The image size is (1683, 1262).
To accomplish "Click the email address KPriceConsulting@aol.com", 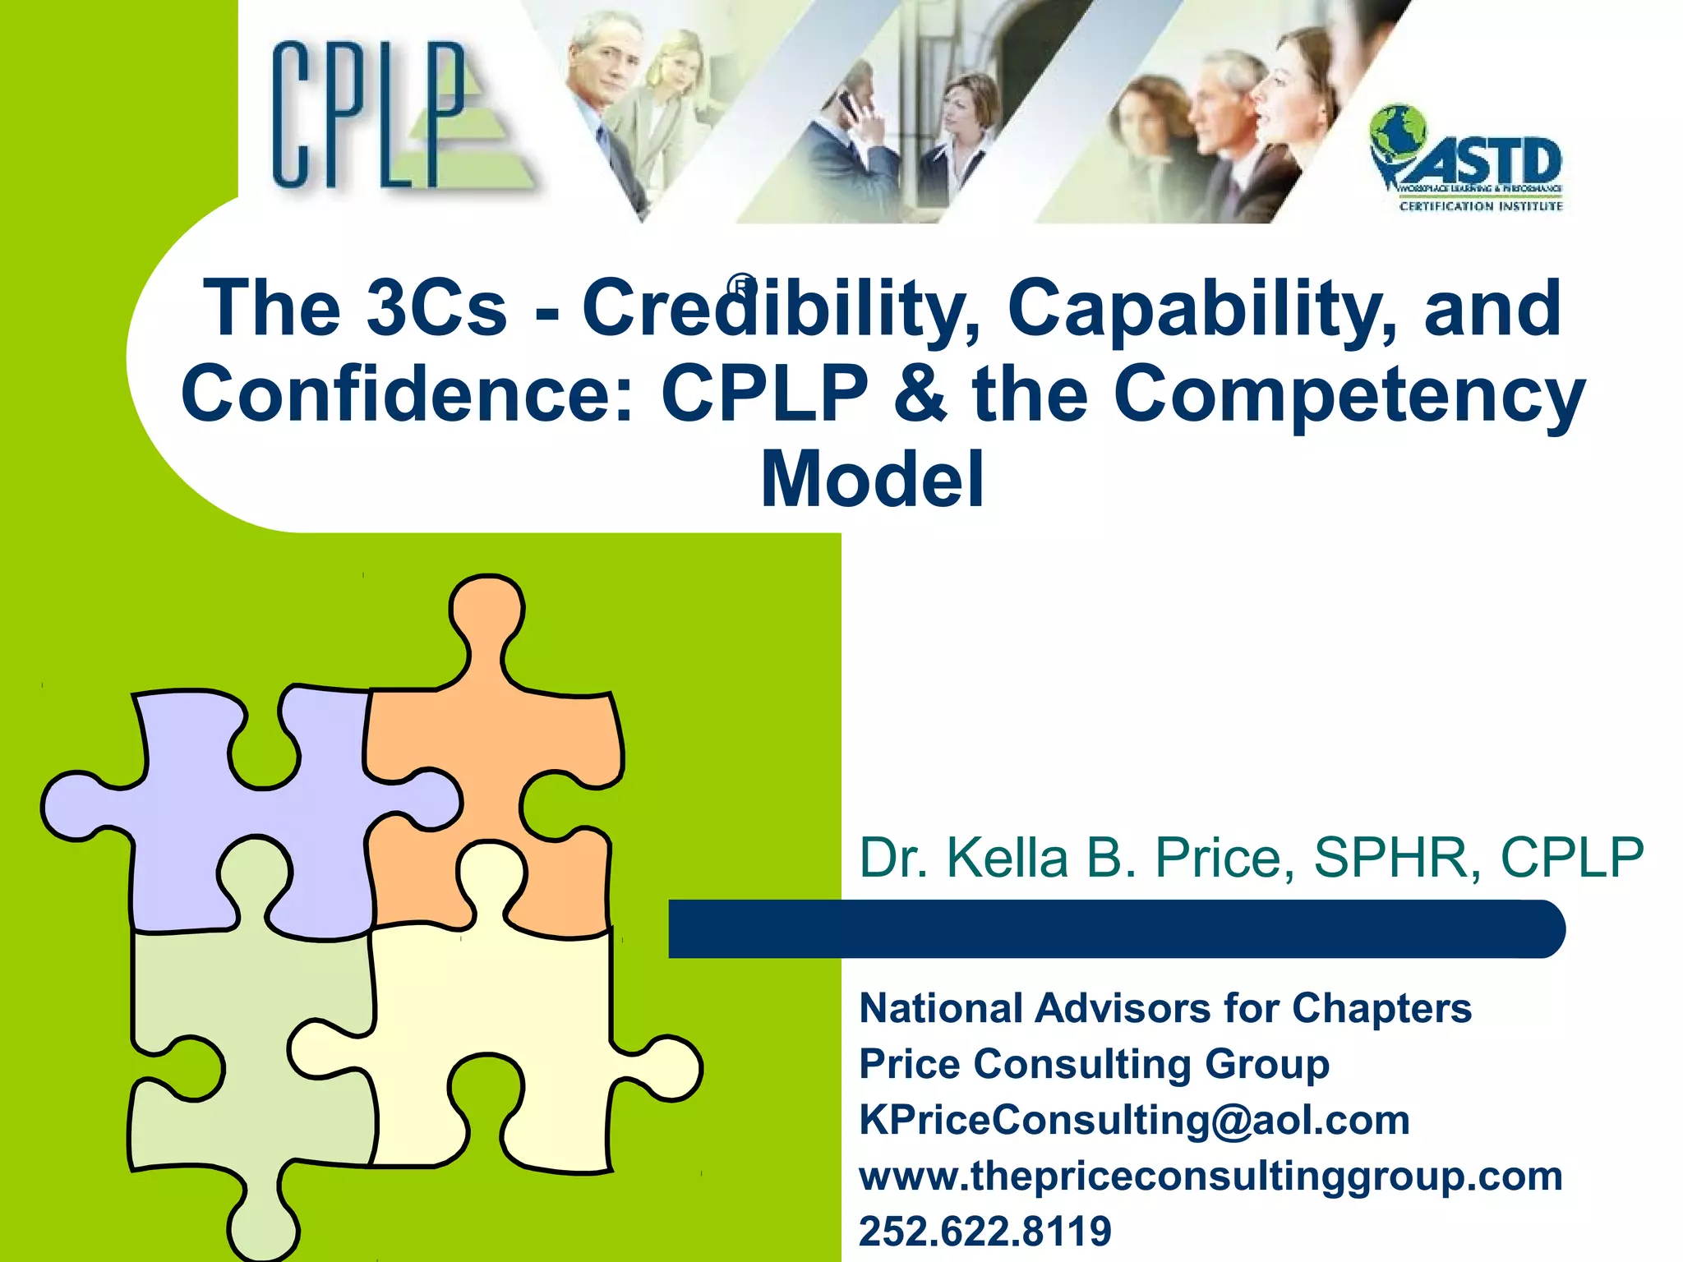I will click(1134, 1120).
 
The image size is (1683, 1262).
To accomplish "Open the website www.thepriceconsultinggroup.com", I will click(1210, 1176).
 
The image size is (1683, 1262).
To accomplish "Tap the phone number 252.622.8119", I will click(984, 1231).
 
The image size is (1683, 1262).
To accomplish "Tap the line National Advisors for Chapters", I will click(1164, 1008).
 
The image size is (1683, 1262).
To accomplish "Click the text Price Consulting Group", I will click(1094, 1064).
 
